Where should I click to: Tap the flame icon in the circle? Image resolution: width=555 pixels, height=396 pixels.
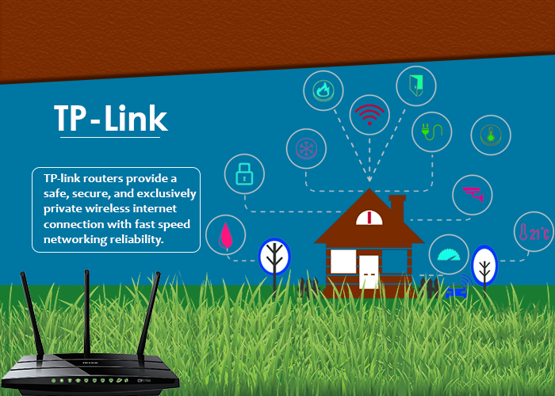coord(323,89)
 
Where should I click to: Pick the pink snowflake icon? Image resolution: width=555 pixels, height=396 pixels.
coord(305,147)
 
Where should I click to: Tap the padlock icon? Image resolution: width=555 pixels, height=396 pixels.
coord(243,173)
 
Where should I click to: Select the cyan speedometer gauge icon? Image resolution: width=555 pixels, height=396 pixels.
coord(450,254)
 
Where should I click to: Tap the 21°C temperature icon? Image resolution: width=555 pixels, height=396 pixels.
coord(534,232)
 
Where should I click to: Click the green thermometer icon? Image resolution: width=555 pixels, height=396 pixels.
coord(491,135)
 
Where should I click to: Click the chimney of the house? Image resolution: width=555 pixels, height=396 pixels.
coord(397,208)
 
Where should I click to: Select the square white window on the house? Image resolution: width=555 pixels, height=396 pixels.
coord(343,261)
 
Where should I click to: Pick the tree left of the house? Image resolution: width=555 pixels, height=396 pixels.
coord(274,256)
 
